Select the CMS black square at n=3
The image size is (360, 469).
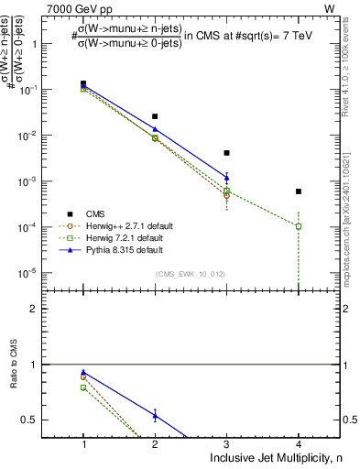coord(226,153)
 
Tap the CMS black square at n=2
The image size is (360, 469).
coord(155,116)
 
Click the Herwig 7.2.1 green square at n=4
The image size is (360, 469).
coord(299,226)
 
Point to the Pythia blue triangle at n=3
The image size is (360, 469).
coord(226,177)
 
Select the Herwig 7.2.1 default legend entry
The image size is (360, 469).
coord(126,237)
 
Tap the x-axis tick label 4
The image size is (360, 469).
coord(299,443)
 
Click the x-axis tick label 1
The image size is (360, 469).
coord(83,443)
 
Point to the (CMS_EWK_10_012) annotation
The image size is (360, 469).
coord(191,274)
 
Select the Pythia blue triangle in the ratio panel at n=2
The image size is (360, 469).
coord(155,416)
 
